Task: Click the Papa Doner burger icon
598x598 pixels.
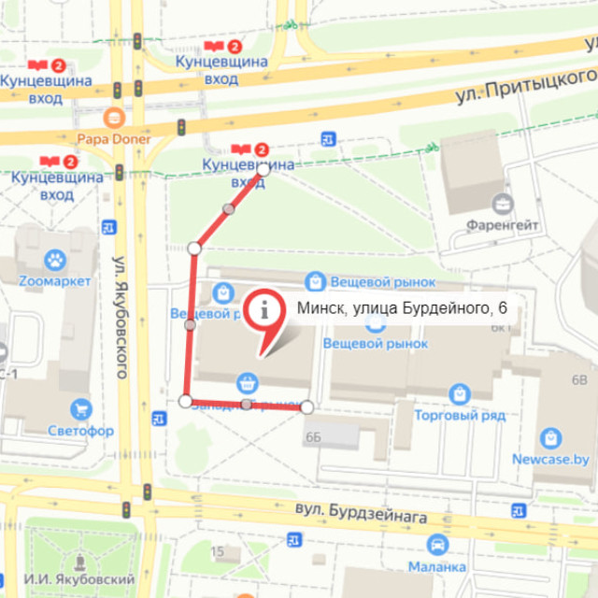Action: pos(114,118)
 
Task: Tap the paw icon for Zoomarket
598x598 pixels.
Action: pos(54,259)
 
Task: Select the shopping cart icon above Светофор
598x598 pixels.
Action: pos(81,408)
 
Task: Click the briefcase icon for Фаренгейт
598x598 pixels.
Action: pos(503,204)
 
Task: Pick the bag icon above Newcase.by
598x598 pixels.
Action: pos(550,437)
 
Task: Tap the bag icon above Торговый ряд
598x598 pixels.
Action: pos(459,393)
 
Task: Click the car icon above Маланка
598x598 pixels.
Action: pos(436,545)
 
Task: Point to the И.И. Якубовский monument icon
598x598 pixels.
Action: pos(79,562)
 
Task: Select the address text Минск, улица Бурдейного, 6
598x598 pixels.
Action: pos(402,308)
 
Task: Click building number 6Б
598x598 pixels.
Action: pos(312,436)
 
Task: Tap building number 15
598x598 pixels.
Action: pos(217,552)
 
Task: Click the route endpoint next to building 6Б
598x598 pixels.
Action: pos(306,406)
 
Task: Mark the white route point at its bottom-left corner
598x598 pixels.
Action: pos(185,401)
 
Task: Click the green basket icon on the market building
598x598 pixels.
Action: pos(247,381)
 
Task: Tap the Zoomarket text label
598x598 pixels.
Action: pos(54,281)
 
